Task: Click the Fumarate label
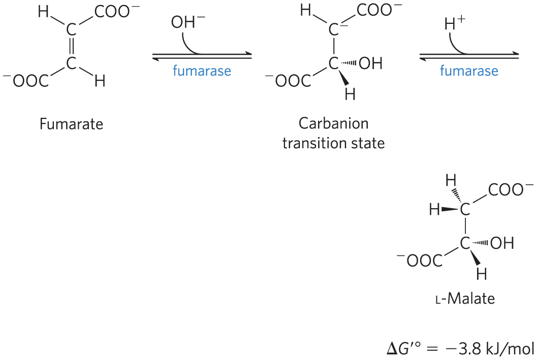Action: [71, 124]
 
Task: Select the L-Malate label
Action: [465, 299]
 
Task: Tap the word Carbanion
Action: [333, 123]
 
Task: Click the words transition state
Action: [333, 144]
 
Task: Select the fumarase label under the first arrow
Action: [202, 71]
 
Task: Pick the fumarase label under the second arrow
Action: [469, 71]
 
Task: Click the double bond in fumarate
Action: [71, 47]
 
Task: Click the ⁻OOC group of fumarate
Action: [25, 81]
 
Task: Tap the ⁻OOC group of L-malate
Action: [420, 261]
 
